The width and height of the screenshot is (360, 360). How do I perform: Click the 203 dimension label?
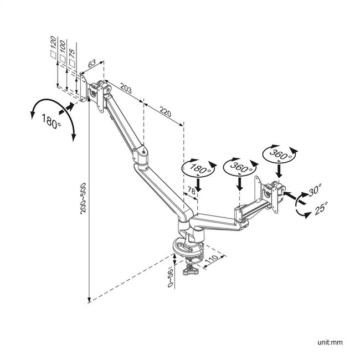(126, 88)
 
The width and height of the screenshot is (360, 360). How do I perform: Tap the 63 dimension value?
(92, 64)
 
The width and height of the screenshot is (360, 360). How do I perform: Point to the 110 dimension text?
(212, 259)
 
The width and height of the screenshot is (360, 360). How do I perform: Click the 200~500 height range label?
(83, 198)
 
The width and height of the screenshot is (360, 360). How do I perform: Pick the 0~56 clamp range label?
(170, 277)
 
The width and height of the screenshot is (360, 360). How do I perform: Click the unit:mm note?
(330, 342)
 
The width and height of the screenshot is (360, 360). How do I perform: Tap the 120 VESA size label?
(53, 42)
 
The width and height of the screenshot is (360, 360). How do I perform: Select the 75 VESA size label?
(72, 54)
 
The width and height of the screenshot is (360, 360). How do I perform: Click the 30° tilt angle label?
(315, 190)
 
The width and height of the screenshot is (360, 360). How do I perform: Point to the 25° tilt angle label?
(321, 208)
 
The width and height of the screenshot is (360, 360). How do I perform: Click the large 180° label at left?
(51, 121)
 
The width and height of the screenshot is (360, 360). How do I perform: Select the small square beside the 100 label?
(63, 58)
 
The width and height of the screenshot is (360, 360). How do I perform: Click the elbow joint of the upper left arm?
(140, 155)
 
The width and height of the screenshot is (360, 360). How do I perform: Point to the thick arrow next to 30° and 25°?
(295, 198)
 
